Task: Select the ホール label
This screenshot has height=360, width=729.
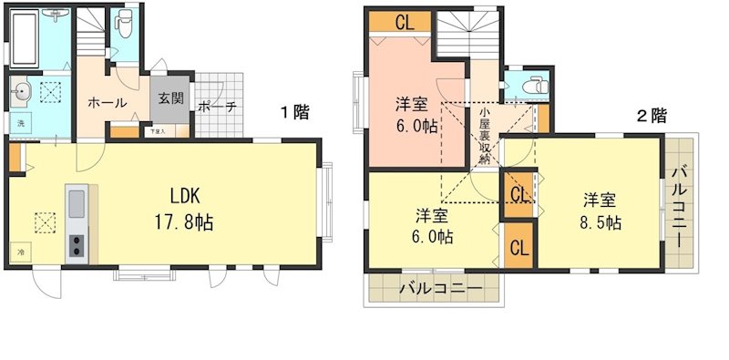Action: [x=107, y=103]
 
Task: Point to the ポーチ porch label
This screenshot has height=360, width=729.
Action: [x=217, y=106]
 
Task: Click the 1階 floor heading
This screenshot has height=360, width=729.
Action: [x=293, y=113]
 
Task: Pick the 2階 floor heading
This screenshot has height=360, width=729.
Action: [x=651, y=116]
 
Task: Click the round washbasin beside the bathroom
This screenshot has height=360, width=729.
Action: [x=23, y=91]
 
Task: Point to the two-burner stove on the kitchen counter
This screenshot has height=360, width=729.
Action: [x=76, y=246]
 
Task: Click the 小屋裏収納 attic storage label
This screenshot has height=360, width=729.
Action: [x=487, y=135]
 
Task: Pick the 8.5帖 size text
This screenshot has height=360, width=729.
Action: [x=602, y=221]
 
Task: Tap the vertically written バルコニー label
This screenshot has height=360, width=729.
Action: [x=679, y=206]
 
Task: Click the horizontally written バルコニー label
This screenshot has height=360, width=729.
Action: [x=436, y=290]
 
